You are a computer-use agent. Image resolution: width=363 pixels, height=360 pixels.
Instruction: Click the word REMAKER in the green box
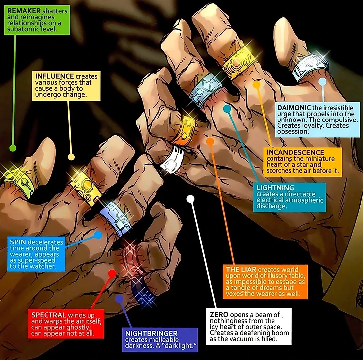[24, 11]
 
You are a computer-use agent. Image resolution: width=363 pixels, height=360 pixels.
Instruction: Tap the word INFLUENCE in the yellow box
[54, 76]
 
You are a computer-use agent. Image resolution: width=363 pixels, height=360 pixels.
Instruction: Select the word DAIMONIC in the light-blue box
[294, 108]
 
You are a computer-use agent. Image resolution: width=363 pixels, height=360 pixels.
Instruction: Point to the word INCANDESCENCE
[295, 152]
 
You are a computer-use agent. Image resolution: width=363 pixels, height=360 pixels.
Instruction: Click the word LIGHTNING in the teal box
[275, 188]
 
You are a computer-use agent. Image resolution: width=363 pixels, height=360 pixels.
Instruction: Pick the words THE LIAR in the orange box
[241, 269]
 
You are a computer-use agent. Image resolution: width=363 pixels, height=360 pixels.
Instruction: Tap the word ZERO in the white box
[219, 315]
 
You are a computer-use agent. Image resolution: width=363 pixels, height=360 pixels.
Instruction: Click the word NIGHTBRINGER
[151, 333]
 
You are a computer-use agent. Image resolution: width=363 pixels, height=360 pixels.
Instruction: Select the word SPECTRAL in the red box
[49, 315]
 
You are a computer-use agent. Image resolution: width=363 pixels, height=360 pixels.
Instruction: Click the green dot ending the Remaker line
[13, 148]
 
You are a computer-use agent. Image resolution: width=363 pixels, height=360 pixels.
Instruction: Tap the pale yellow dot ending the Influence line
[71, 157]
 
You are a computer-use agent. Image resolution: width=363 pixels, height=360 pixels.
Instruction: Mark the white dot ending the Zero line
[191, 199]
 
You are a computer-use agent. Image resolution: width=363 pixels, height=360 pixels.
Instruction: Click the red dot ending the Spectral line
[112, 273]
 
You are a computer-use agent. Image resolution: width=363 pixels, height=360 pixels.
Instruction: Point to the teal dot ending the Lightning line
[227, 108]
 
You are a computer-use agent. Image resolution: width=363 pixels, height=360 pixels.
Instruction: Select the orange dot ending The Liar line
[210, 141]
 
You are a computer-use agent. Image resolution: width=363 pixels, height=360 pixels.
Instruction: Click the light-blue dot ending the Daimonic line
[322, 82]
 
